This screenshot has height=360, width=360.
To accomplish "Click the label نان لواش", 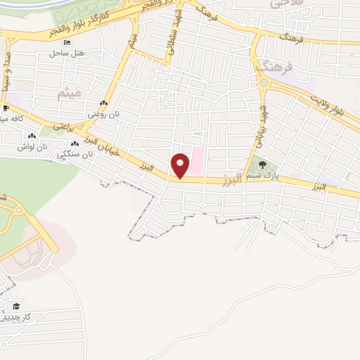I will [x=53, y=146].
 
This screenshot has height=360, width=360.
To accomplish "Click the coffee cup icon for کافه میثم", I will [x=6, y=108].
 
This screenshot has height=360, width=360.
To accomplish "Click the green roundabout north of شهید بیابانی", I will [x=263, y=84].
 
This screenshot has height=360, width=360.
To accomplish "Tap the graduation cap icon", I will [x=15, y=306].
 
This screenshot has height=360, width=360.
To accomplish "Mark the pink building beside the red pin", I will [x=198, y=160].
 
